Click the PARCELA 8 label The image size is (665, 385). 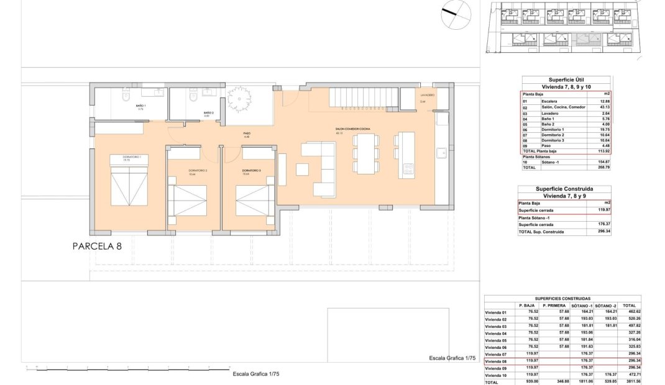97,246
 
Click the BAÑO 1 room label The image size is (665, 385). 140,106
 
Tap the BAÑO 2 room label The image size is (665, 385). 208,113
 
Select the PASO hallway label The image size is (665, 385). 247,134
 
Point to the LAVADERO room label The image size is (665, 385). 427,95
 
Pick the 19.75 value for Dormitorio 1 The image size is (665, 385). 598,129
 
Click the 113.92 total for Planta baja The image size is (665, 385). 598,151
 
